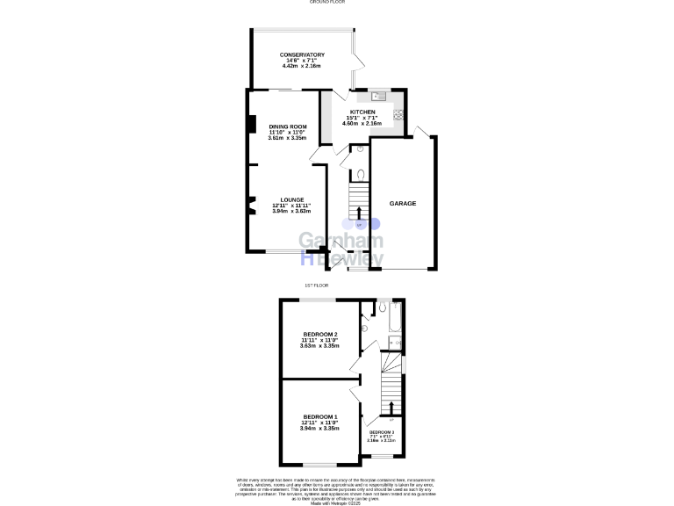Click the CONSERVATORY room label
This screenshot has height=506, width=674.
tap(302, 54)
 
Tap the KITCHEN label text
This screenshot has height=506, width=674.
tap(362, 112)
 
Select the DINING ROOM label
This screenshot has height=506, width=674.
tap(288, 126)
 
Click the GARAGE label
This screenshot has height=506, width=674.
tap(403, 203)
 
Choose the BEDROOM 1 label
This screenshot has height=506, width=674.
tap(320, 416)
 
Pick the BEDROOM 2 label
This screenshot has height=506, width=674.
tap(320, 335)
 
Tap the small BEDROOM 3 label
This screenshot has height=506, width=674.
tap(382, 433)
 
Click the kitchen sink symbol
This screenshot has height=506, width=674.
tap(378, 97)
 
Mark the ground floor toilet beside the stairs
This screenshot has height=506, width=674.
tap(360, 174)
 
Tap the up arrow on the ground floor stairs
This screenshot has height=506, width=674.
tap(358, 213)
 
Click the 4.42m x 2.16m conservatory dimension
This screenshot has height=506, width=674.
tap(302, 66)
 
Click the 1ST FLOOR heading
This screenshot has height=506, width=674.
tap(316, 286)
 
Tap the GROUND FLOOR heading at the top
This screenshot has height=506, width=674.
tap(325, 3)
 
